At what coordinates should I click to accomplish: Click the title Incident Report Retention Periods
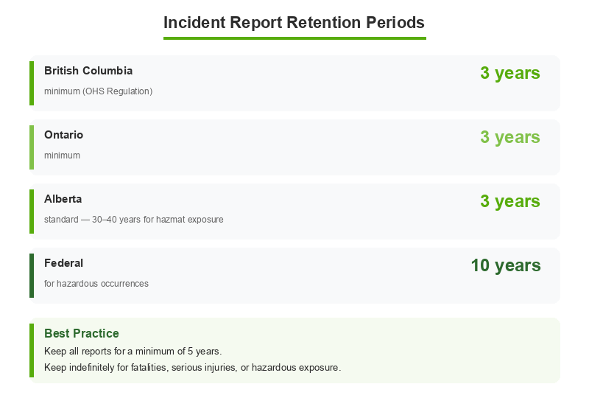point(294,22)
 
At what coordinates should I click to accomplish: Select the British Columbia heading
point(88,71)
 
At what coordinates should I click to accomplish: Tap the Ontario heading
point(63,135)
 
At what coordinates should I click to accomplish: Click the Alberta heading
point(63,199)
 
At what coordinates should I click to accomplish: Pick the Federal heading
point(63,263)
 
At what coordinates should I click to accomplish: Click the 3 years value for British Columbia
point(510,73)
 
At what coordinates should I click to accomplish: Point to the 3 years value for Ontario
point(510,137)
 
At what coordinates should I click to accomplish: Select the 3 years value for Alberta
point(510,201)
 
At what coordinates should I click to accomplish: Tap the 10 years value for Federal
point(506,265)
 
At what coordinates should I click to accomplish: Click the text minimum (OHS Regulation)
point(98,91)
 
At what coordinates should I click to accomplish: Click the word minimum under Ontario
point(62,156)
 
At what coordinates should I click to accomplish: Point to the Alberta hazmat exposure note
point(133,220)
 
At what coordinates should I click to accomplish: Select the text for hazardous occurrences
point(96,284)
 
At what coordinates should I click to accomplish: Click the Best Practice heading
point(81,333)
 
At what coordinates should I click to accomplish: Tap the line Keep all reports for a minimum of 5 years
point(133,351)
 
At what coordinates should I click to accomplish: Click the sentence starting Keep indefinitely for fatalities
point(192,367)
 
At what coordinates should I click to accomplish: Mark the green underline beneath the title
point(294,38)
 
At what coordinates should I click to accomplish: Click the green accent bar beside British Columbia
point(32,83)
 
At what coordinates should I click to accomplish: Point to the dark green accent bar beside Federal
point(32,276)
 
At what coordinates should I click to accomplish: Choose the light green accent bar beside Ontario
point(32,147)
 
